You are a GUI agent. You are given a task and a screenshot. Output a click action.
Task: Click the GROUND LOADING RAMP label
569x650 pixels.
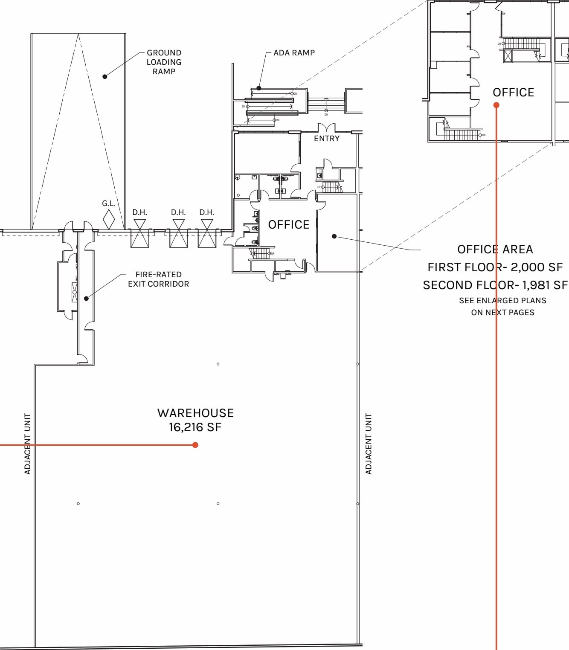coord(164,62)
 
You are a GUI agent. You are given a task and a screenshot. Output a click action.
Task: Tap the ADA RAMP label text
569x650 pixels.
coord(294,53)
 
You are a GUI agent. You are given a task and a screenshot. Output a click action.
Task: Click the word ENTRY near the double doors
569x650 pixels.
coord(327,139)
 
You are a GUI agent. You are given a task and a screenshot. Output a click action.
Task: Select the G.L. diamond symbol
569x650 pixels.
coord(109,219)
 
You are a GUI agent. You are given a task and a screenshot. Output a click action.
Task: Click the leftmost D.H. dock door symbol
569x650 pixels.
coord(140,234)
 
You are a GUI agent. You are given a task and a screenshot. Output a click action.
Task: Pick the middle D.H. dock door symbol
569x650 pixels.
coord(179,234)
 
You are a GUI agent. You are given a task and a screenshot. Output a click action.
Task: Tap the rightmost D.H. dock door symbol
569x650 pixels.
coord(207,234)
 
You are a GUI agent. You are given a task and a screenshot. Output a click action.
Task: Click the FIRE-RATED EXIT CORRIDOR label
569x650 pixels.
coord(158,279)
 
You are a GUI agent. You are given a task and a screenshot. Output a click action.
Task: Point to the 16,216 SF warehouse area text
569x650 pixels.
coord(195,427)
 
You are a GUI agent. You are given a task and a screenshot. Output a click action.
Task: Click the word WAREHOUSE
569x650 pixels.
coord(195,413)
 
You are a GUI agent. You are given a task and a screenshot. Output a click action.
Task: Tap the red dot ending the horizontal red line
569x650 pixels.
coord(195,445)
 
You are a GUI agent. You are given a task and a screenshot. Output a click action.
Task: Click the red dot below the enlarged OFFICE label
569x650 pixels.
coord(496,105)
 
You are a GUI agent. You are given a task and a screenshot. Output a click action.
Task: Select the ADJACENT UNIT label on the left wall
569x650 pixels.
coord(28,444)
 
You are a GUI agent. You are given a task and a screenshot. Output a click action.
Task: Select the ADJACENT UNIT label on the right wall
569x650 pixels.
coord(369,444)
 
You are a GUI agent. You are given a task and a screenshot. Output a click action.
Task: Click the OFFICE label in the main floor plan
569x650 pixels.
coord(289,225)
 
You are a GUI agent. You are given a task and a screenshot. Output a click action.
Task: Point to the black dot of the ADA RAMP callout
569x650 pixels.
coord(259,88)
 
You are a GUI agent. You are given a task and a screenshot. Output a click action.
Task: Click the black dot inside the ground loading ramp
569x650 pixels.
coord(105,76)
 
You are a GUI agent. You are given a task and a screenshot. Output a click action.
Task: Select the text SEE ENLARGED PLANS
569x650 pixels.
coord(502,301)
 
